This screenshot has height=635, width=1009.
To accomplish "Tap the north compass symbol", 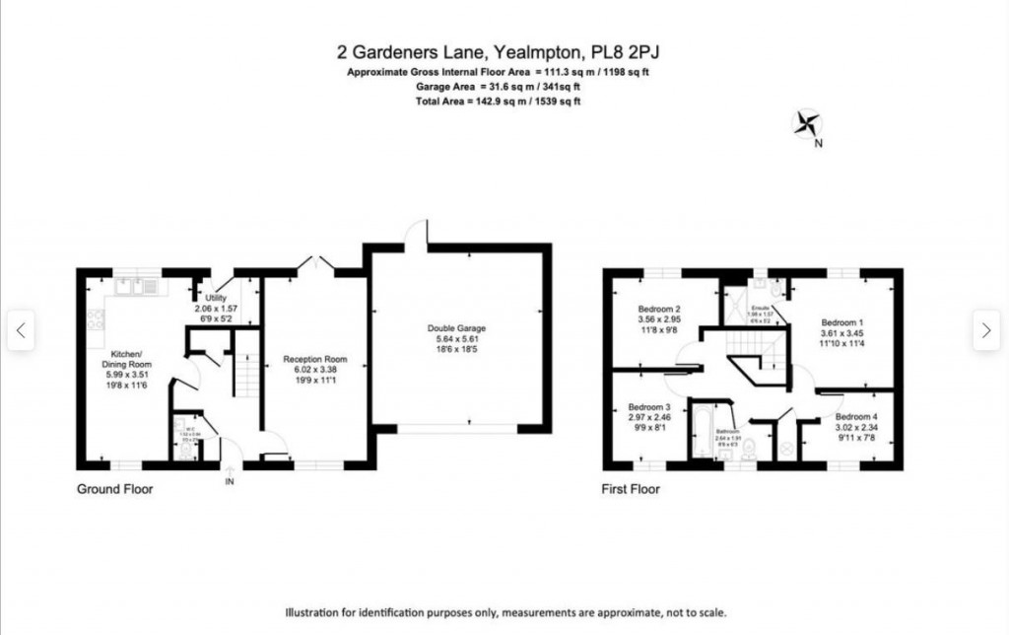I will click(807, 124).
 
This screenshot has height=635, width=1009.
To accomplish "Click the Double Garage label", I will click(456, 328).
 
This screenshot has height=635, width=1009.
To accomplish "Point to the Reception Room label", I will click(314, 359).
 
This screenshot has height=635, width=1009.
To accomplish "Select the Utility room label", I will click(216, 298).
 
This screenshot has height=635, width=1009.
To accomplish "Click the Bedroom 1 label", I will click(841, 322).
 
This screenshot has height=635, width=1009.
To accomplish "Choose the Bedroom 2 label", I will click(660, 308).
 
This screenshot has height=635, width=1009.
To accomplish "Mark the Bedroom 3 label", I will click(648, 407).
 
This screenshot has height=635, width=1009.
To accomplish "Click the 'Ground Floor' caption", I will click(114, 489).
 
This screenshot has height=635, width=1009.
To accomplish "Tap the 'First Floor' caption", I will click(631, 489).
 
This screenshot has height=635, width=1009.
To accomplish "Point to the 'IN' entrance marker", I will click(230, 482).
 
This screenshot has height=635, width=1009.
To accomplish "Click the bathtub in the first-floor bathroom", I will click(703, 434).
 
